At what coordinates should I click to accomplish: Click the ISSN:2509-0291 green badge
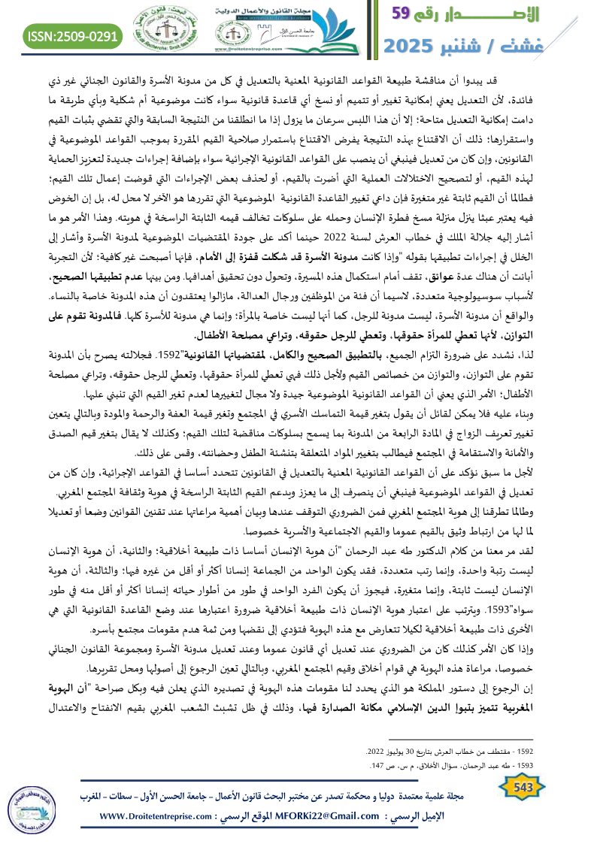coord(73,35)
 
